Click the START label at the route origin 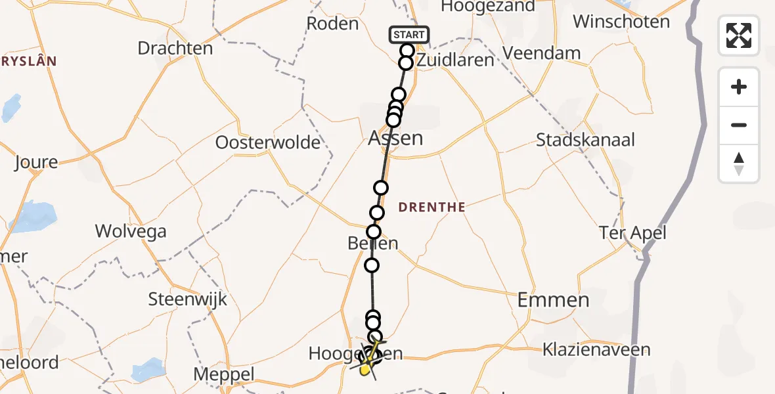(409, 34)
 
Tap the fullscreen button (739, 35)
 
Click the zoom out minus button (739, 125)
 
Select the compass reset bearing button (739, 164)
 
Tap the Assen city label (395, 139)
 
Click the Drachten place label (175, 48)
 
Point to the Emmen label (553, 300)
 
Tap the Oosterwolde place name (268, 142)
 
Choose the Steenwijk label (187, 299)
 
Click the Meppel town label (224, 375)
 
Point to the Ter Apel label (632, 232)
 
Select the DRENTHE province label (432, 208)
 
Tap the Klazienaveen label (596, 349)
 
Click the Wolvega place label (131, 231)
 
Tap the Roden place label (332, 24)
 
